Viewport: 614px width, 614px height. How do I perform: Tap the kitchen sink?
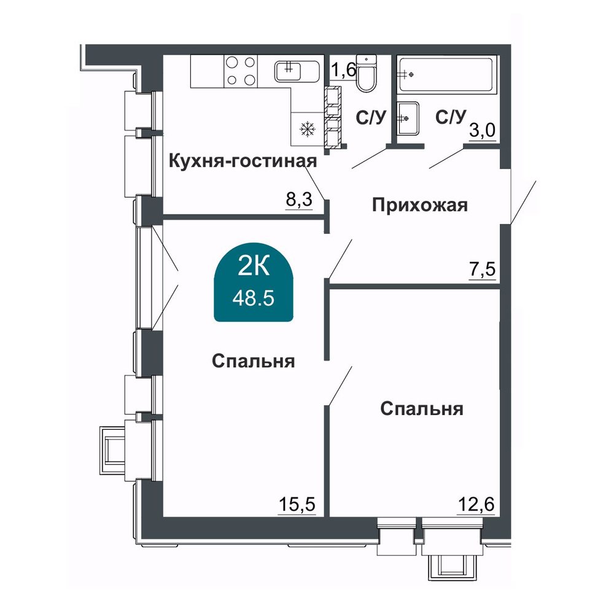tap(297, 72)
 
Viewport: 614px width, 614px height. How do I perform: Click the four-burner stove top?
tap(241, 71)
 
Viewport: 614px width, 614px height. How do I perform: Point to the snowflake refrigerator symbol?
tap(308, 129)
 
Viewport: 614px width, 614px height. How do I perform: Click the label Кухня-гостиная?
tap(243, 161)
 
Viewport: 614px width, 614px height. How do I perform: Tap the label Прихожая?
tap(420, 205)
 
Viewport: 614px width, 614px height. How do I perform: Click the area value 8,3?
tap(299, 200)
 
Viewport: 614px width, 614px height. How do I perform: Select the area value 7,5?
tap(483, 270)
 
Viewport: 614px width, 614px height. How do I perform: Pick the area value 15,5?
tap(297, 504)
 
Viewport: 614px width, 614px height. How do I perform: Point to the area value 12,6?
tap(476, 504)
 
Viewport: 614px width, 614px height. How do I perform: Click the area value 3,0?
tap(483, 130)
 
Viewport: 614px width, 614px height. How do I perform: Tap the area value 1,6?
tap(343, 70)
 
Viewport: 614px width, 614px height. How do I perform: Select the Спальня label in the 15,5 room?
tap(254, 361)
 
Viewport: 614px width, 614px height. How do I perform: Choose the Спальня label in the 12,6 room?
tap(422, 409)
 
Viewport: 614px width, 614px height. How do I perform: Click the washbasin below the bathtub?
tap(408, 119)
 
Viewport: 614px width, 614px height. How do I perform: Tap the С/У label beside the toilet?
tap(371, 117)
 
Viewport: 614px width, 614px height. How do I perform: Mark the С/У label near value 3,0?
tap(451, 117)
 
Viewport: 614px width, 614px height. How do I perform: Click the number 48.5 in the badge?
tap(254, 299)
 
